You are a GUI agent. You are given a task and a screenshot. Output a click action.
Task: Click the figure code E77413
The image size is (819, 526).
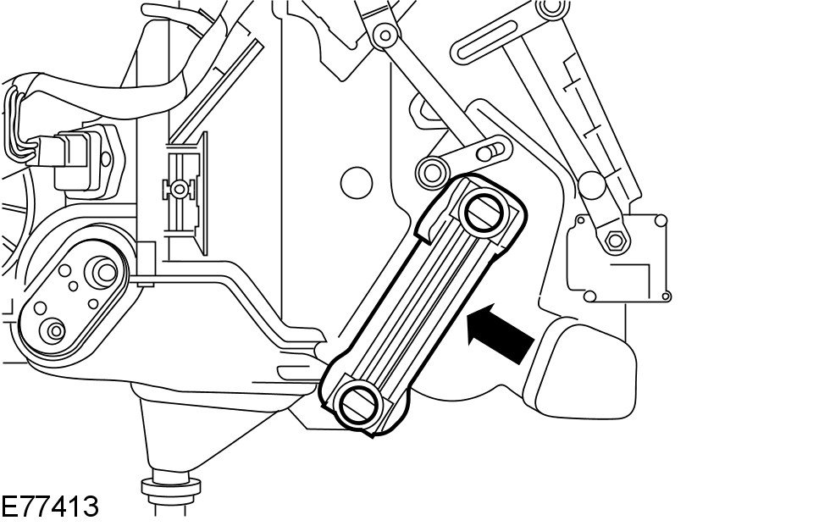pyautogui.click(x=50, y=507)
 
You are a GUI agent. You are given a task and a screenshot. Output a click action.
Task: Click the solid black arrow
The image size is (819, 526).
pyautogui.click(x=501, y=332)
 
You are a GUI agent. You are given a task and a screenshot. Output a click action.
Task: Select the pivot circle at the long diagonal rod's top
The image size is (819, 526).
pyautogui.click(x=386, y=36)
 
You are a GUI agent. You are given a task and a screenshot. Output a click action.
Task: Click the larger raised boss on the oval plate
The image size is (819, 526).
pyautogui.click(x=105, y=271)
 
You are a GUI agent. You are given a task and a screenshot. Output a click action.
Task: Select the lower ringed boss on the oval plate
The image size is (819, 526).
pyautogui.click(x=56, y=329)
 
